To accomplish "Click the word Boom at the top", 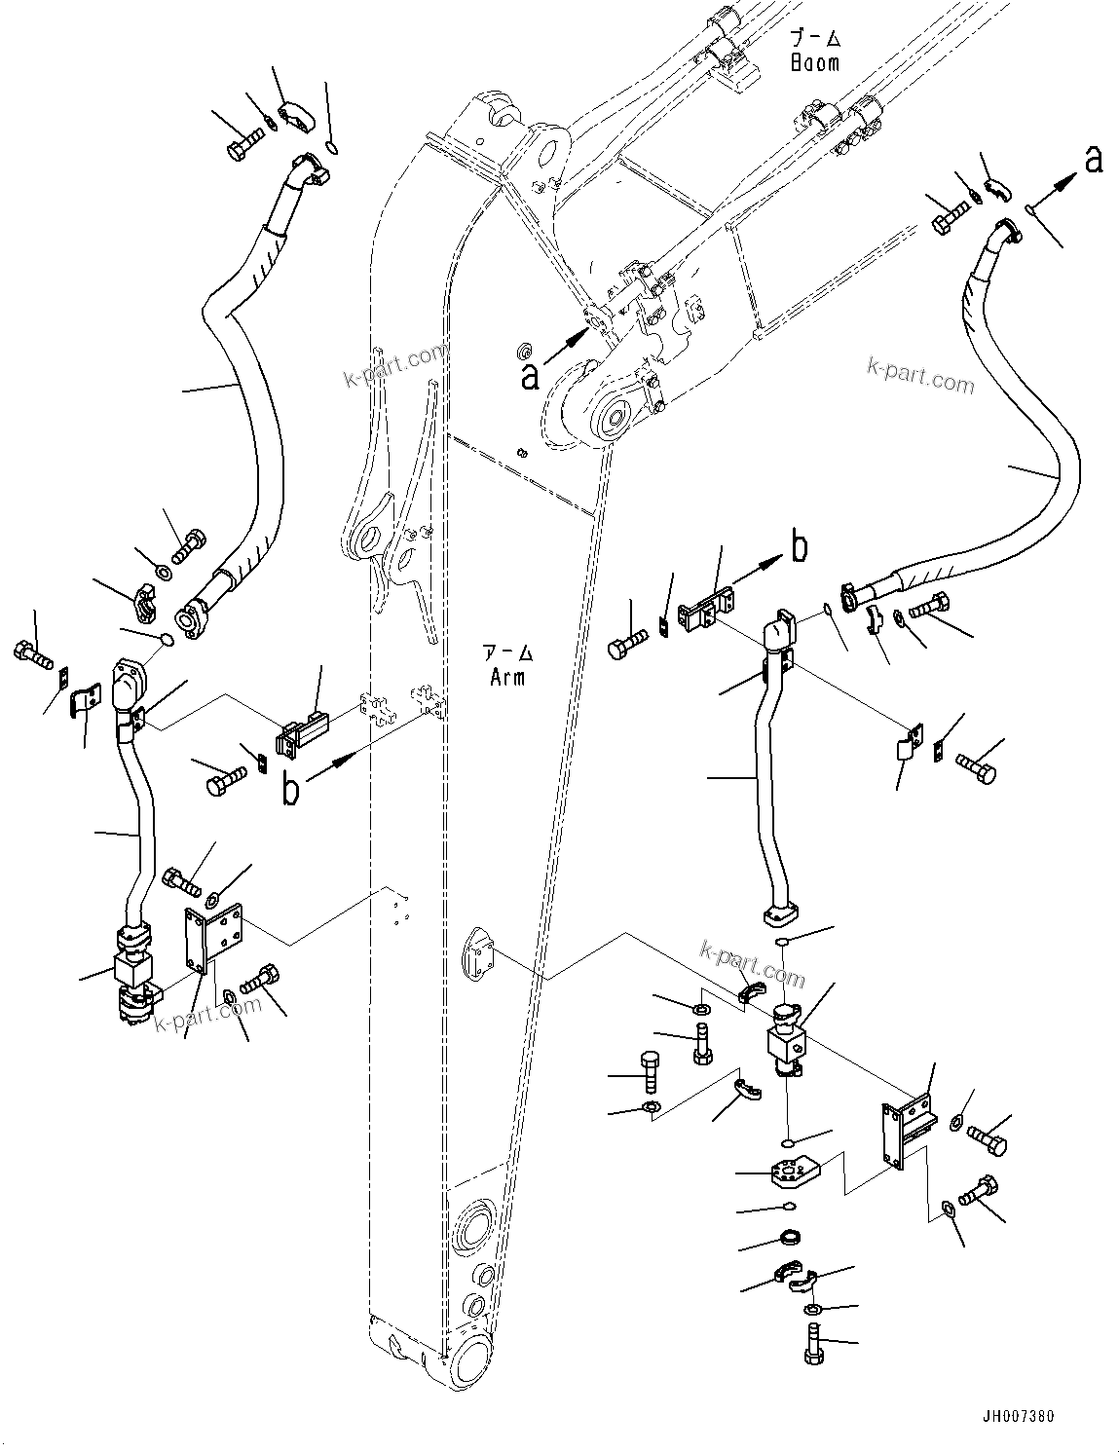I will pos(813,63).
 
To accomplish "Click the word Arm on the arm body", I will pos(507,677).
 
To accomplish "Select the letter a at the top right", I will pos(1094,159).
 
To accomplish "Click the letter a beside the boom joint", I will pos(530,376).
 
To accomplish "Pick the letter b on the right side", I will pos(799,549).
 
